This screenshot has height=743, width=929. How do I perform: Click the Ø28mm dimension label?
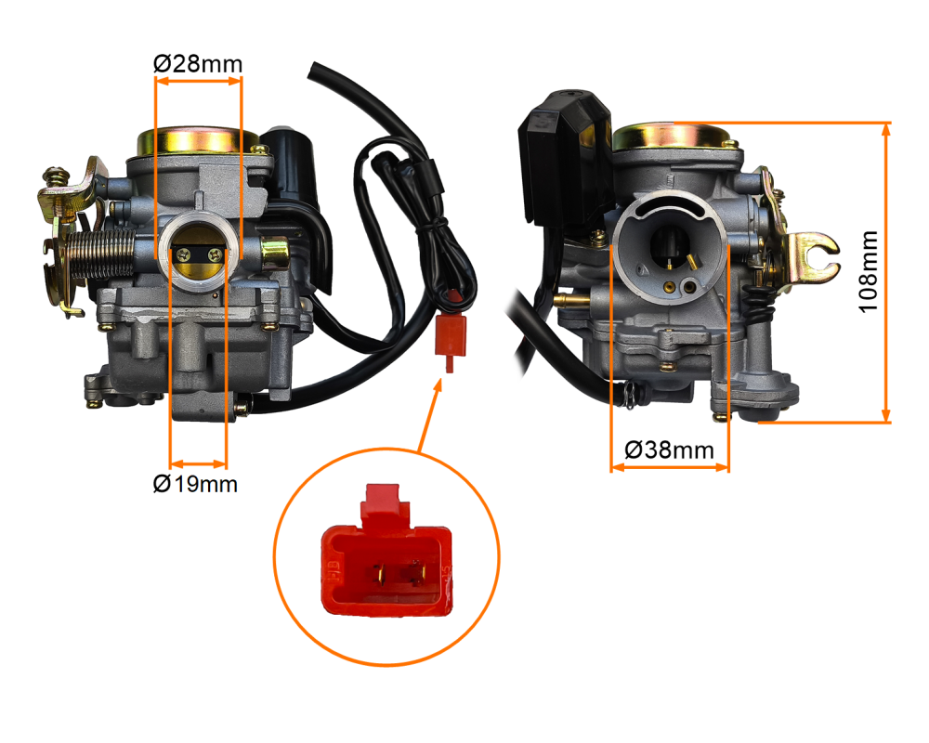coord(197,63)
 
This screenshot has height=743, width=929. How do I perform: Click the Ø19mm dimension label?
coord(195,484)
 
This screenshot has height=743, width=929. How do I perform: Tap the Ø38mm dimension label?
coord(669,450)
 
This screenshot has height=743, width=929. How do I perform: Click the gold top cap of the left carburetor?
coord(196,141)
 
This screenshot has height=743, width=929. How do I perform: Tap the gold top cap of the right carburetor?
coord(672,136)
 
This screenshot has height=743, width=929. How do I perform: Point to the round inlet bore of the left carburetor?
coord(198,254)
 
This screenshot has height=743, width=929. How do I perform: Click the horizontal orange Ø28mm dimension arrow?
coord(198,82)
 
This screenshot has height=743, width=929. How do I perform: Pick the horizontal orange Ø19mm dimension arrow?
coord(198,463)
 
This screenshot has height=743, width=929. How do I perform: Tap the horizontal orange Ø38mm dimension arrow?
coord(669,467)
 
